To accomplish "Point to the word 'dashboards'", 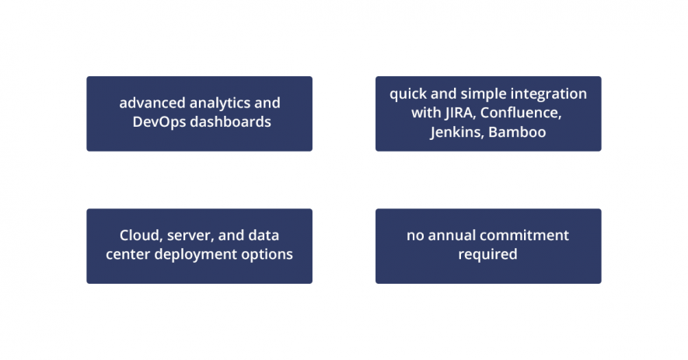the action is [230, 121].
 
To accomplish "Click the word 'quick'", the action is [408, 94].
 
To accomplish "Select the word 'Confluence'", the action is [521, 113].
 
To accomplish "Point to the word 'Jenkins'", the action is [457, 132].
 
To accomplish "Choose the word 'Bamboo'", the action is [517, 132].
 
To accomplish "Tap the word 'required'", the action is [488, 255].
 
